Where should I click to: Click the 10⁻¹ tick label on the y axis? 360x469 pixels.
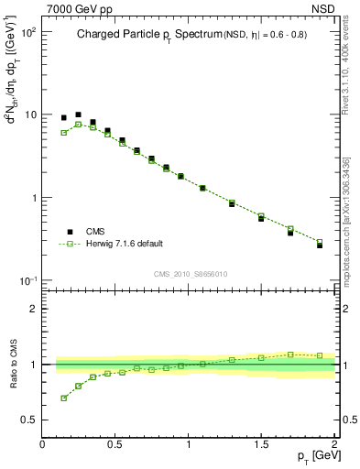coord(27,280)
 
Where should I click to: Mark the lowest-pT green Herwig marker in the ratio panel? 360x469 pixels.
coord(64,398)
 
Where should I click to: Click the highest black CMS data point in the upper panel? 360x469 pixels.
coord(78,115)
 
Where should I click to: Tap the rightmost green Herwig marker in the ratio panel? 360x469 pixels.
coord(320,355)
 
